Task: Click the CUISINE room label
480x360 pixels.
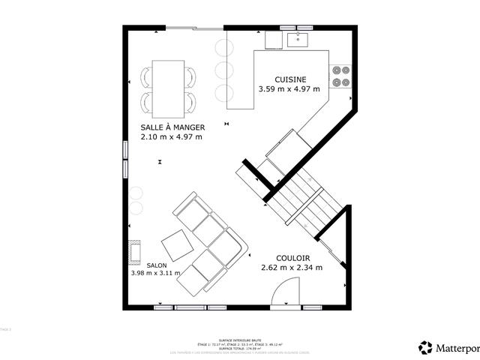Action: (289, 79)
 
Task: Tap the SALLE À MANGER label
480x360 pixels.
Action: (172, 127)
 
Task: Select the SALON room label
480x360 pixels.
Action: (157, 265)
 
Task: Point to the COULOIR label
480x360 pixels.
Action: (292, 257)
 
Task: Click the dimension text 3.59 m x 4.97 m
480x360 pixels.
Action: (289, 89)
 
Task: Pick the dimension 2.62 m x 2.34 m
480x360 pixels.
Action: (292, 267)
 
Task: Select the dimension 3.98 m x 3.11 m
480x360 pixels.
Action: (156, 274)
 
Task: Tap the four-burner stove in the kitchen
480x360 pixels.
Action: (341, 75)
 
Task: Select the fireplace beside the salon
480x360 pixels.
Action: (134, 253)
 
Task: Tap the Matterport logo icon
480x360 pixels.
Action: (426, 347)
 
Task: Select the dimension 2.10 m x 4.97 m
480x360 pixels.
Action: (172, 136)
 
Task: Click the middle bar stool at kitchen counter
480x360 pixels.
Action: (223, 71)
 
